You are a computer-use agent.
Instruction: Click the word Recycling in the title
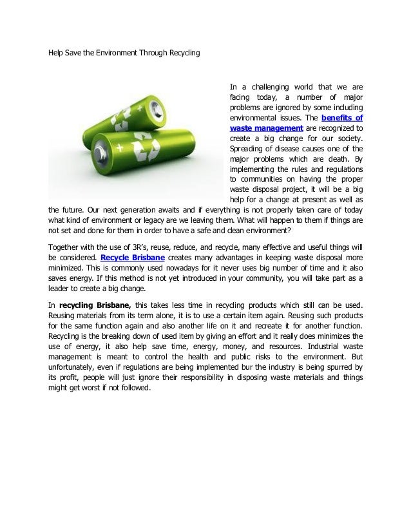point(184,52)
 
